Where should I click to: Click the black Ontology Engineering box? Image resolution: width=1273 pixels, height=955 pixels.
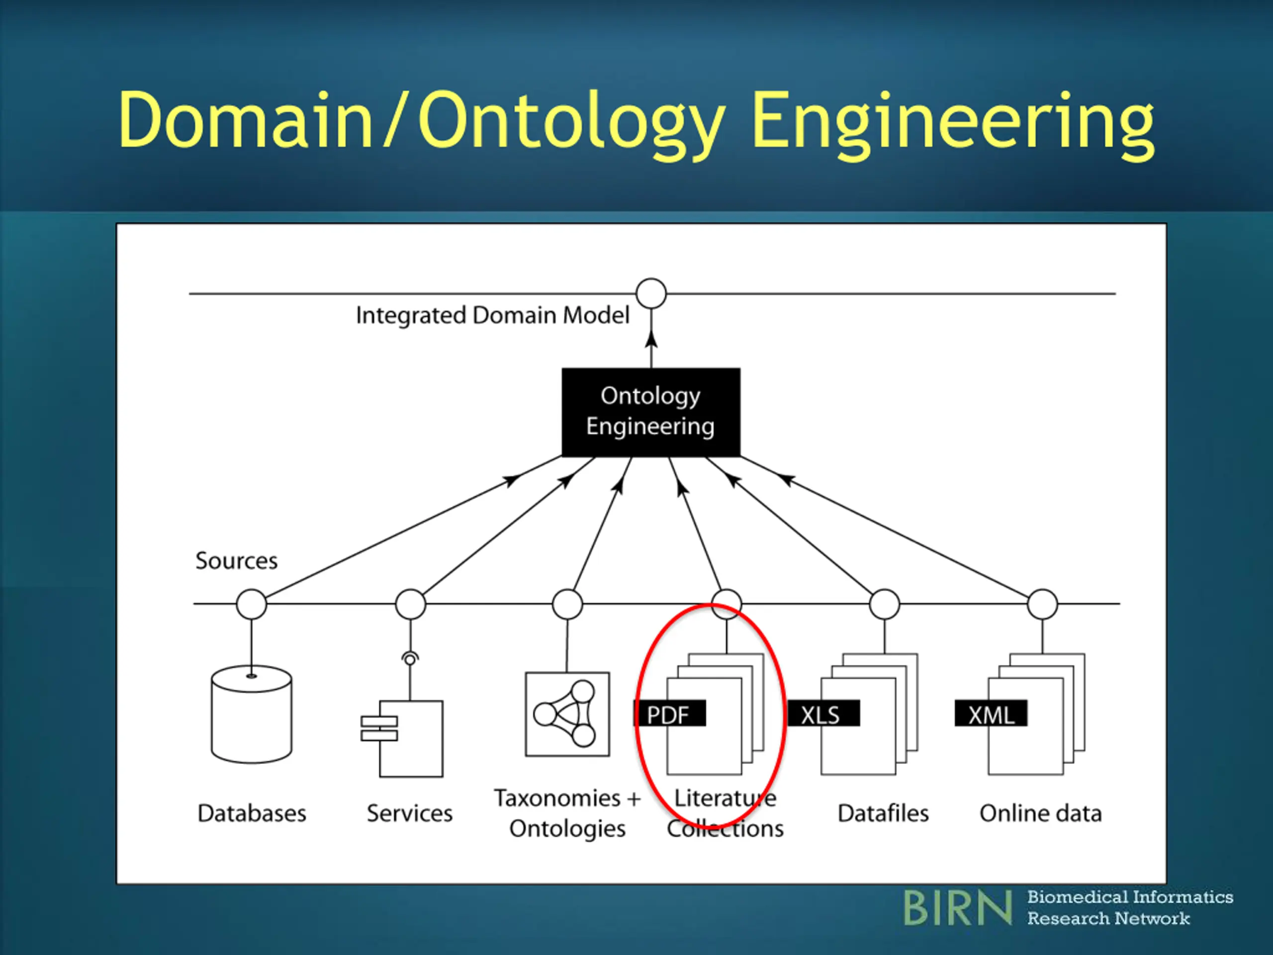651,412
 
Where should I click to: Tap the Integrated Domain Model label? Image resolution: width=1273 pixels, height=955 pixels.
493,315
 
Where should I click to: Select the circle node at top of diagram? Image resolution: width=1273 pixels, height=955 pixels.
651,293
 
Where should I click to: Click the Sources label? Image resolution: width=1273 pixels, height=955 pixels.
237,561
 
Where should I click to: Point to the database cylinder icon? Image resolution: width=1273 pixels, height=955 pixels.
252,714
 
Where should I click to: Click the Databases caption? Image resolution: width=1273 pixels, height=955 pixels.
252,813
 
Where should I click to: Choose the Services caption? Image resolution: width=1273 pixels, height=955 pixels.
410,813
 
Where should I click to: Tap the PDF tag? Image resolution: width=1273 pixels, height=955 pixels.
669,713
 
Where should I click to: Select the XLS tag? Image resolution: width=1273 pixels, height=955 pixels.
823,713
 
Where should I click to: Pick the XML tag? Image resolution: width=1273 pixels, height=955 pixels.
991,713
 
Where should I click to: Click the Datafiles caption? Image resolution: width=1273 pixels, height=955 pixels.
883,813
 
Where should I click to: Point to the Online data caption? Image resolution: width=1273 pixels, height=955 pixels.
1040,813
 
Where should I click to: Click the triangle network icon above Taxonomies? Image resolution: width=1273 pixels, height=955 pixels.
567,714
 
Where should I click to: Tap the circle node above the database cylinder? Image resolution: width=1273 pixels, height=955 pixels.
252,604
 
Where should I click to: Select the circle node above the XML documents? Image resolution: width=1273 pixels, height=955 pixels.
1042,604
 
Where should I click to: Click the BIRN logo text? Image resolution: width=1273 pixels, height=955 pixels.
958,908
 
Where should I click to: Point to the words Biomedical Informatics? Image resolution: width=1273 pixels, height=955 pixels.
1130,897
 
